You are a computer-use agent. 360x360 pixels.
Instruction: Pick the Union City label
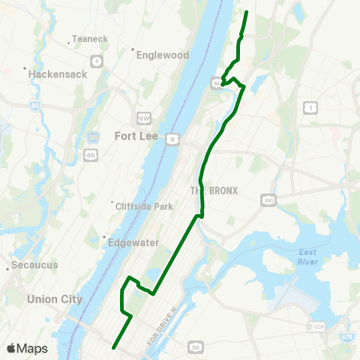tap(54, 298)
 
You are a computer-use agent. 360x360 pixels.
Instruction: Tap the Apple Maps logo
tap(27, 348)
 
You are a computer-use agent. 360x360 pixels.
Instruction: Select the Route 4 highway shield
tap(97, 61)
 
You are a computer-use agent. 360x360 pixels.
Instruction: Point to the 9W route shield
tap(144, 118)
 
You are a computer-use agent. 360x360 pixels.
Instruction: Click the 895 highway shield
tap(268, 200)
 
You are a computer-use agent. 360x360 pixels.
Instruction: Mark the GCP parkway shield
tap(316, 328)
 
